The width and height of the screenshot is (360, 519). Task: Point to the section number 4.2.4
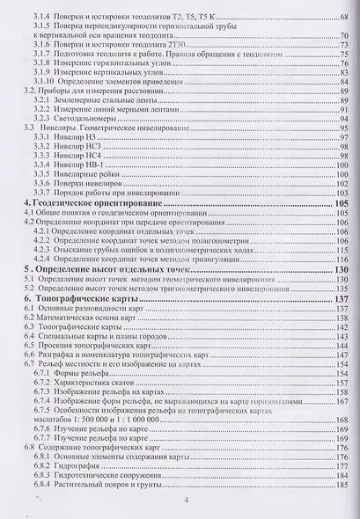(x=40, y=260)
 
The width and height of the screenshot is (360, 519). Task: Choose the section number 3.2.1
(x=40, y=101)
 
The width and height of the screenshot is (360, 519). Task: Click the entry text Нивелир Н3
(x=74, y=137)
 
